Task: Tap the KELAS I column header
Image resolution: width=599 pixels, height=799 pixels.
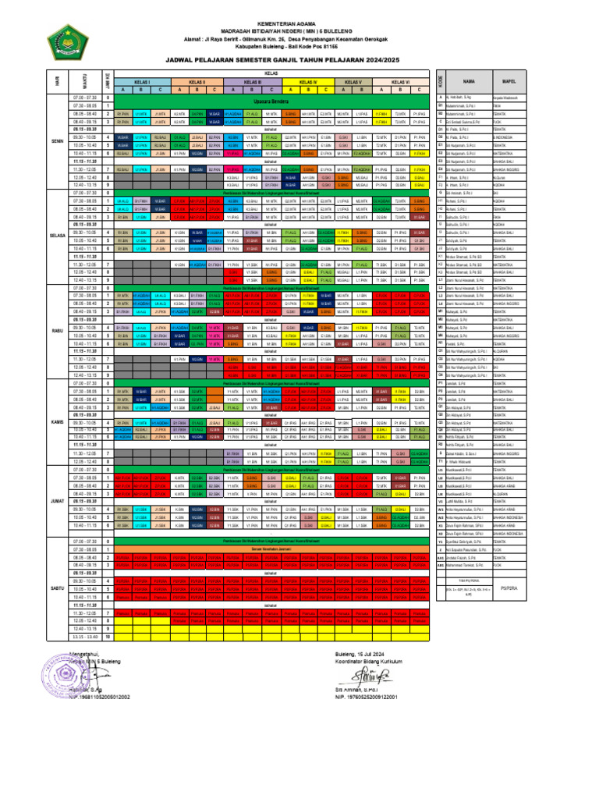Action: pos(141,80)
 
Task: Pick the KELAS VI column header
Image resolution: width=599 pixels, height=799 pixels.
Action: pos(401,80)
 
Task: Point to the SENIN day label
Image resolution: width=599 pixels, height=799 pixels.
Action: pos(57,141)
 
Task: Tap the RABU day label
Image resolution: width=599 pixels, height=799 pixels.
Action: pos(57,330)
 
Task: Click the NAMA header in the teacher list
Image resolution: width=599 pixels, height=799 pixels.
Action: pos(469,80)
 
